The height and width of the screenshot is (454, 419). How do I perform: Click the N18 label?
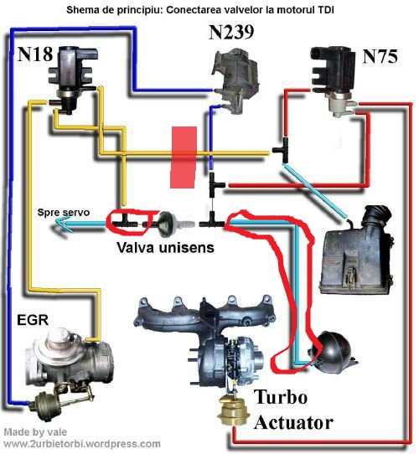coord(35,54)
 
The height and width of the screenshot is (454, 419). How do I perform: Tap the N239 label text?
coord(231,32)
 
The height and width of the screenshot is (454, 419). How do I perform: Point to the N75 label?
coord(380,56)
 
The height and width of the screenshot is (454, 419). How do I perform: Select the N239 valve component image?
coord(235,80)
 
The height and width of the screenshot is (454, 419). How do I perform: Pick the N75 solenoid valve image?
coord(334,81)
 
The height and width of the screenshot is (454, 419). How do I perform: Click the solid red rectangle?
coord(184,157)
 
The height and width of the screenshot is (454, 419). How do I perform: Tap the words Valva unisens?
coord(165,247)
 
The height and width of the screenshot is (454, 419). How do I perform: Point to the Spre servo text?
coord(64,212)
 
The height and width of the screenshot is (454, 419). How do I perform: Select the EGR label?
coord(33,320)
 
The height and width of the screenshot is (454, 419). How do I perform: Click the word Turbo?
coord(281,396)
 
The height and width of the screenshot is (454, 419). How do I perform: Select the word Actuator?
coord(293,422)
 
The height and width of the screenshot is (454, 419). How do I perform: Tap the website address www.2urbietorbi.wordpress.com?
coord(82,444)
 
